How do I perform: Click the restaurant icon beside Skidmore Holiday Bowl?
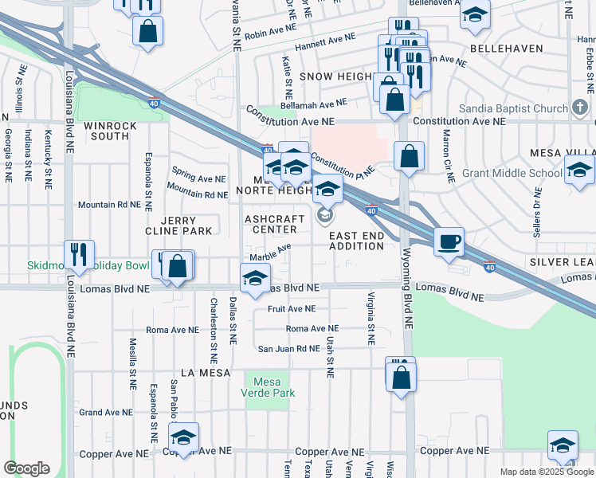pyautogui.click(x=79, y=254)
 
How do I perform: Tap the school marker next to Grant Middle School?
pyautogui.click(x=579, y=169)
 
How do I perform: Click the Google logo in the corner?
pyautogui.click(x=26, y=468)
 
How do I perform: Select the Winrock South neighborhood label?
pyautogui.click(x=111, y=131)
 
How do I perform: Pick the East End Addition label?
pyautogui.click(x=357, y=241)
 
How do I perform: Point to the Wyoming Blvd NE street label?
pyautogui.click(x=407, y=303)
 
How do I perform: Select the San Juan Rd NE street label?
pyautogui.click(x=288, y=348)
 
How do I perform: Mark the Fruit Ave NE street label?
pyautogui.click(x=292, y=308)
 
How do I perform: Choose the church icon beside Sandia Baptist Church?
pyautogui.click(x=581, y=108)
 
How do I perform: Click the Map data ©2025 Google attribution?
pyautogui.click(x=547, y=472)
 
